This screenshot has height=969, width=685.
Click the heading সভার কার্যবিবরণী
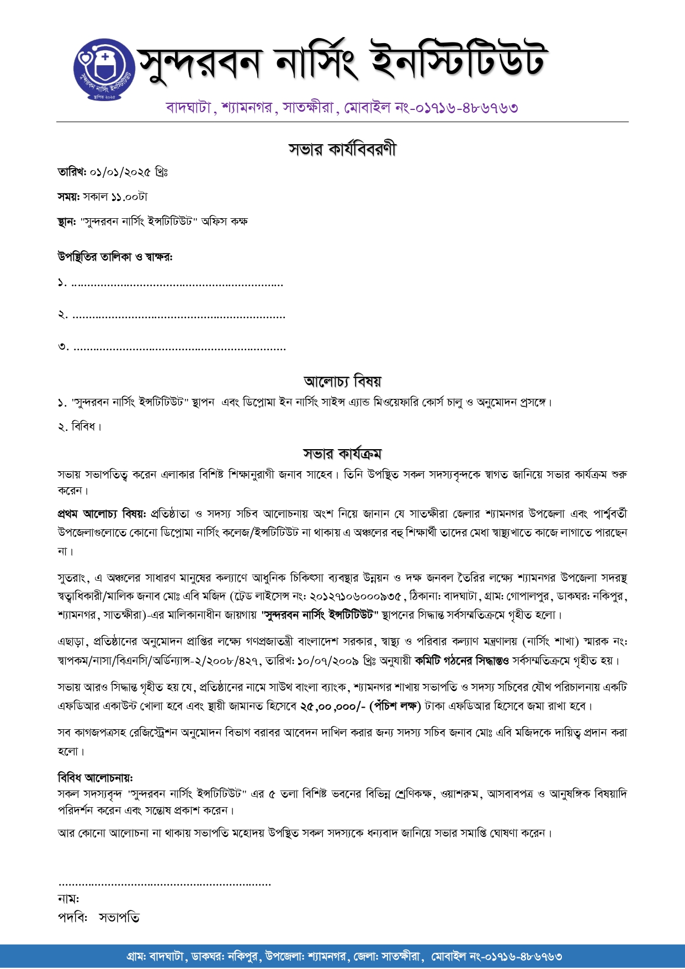coord(342,149)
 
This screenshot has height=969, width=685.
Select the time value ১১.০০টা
coord(129,197)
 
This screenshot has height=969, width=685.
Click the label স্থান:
coord(66,222)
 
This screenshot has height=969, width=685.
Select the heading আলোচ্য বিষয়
coord(342,381)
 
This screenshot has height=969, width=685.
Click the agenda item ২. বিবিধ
coord(80,426)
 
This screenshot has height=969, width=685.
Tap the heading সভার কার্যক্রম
coord(342,454)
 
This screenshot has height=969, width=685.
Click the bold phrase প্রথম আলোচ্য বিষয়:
coord(102,514)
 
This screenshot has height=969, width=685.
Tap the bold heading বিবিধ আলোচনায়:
coord(95,778)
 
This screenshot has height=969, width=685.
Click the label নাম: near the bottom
coord(68,899)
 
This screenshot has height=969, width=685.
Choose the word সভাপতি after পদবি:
coord(119,918)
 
